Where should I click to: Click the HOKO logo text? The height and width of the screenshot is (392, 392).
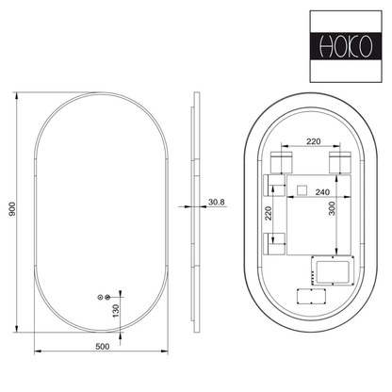[346, 47]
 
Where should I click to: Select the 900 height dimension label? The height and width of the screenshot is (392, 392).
[12, 209]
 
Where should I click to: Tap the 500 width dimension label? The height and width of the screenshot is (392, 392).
[103, 347]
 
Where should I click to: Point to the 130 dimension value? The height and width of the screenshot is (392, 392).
[116, 311]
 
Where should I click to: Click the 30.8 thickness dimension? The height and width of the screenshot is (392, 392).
[217, 202]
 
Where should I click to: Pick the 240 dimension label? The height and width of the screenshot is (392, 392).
[322, 192]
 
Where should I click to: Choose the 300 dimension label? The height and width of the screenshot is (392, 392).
[332, 208]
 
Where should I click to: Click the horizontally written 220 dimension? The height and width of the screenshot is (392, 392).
[314, 141]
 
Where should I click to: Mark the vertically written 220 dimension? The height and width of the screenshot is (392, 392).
[268, 213]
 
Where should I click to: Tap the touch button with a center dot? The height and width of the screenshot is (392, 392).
[100, 297]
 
